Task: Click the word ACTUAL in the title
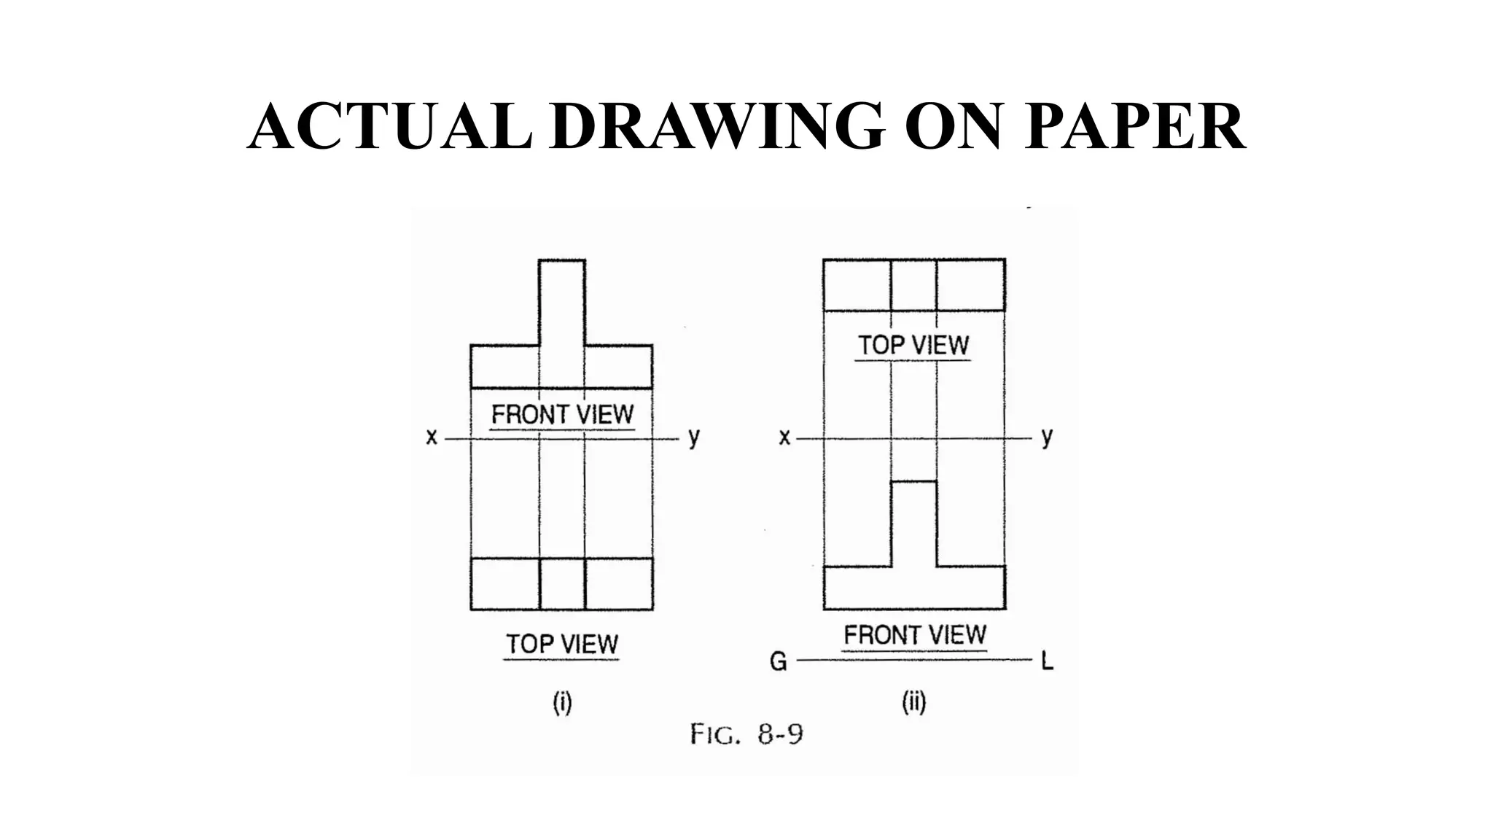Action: click(390, 127)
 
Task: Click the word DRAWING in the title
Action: click(717, 127)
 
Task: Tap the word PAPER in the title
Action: click(1134, 127)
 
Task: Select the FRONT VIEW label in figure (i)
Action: click(562, 415)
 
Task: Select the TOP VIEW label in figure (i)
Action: click(561, 644)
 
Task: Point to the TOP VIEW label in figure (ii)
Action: click(913, 345)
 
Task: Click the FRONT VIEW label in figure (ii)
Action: click(914, 635)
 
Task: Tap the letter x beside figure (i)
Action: click(432, 437)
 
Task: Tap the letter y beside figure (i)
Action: click(693, 437)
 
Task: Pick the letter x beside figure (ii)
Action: click(784, 437)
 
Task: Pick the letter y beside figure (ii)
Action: click(1047, 437)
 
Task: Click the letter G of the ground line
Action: click(778, 662)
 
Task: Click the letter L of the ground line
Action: click(1048, 662)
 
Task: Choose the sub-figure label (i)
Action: click(562, 703)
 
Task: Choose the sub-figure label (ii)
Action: click(913, 703)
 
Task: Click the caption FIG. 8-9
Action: click(746, 734)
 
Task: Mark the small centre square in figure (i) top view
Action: click(562, 583)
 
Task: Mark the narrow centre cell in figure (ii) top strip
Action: click(913, 284)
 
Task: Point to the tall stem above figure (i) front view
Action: click(562, 303)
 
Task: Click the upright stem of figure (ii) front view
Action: click(913, 524)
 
